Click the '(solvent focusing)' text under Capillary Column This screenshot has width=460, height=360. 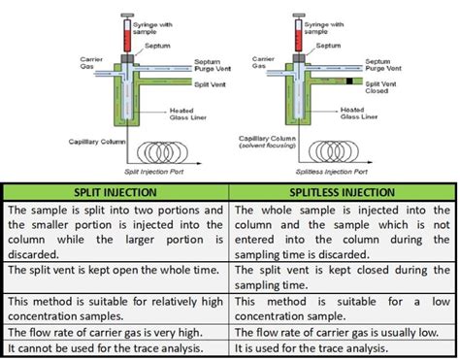click(269, 147)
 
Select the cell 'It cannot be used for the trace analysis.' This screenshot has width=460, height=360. click(115, 346)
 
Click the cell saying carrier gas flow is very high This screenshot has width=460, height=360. click(115, 329)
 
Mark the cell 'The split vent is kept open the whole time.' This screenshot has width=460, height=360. click(115, 272)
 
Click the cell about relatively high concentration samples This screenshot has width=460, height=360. click(115, 302)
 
